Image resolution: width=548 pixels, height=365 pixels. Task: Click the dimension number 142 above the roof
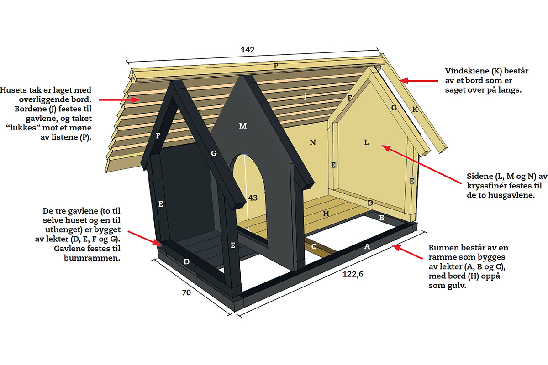pos(248,50)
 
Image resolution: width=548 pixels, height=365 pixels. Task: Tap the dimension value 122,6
pos(353,274)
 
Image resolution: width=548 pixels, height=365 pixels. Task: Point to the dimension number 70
pos(186,292)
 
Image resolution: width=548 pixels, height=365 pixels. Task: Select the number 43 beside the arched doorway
pos(253,198)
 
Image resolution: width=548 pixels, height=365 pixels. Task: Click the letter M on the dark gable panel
pos(242,126)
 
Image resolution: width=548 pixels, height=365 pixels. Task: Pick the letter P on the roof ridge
pos(276,66)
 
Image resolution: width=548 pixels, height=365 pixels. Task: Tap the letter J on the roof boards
pos(305,96)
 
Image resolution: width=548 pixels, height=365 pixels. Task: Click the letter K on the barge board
pos(415,109)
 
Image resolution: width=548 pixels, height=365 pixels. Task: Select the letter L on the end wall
pos(366,142)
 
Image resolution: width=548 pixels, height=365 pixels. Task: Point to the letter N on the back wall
pos(313,142)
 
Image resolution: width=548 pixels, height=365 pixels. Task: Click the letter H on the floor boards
pos(326,214)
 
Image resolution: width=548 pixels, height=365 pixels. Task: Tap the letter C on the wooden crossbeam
pos(314,246)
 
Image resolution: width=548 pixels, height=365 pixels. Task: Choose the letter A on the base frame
pos(367,247)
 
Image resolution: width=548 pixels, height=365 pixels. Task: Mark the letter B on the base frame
pos(381,218)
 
